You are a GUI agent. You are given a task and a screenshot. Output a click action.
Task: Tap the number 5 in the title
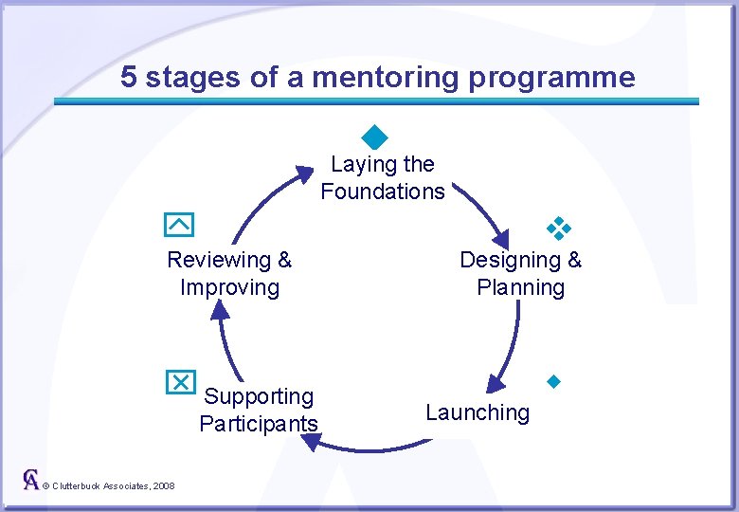coord(130,77)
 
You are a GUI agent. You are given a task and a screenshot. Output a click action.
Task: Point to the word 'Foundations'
coord(383,192)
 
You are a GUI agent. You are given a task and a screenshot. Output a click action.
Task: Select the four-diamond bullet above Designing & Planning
coord(559,228)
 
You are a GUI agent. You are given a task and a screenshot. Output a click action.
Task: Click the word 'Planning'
coord(520,287)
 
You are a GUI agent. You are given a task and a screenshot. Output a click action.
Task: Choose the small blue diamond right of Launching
coord(554,382)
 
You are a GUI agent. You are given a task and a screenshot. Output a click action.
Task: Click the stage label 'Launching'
coord(478,412)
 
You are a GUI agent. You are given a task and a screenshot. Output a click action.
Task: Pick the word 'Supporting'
coord(259,396)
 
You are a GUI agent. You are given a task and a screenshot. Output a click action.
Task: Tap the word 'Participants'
coord(259,423)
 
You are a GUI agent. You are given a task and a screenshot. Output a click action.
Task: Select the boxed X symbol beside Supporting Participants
coord(179,380)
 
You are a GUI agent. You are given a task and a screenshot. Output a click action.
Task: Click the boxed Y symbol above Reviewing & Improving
coord(179,225)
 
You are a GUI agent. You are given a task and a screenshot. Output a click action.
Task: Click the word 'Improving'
coord(229,287)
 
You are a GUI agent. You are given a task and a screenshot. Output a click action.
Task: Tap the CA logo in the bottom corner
coord(31,479)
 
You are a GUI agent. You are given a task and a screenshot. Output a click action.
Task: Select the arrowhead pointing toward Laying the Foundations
coord(303,174)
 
